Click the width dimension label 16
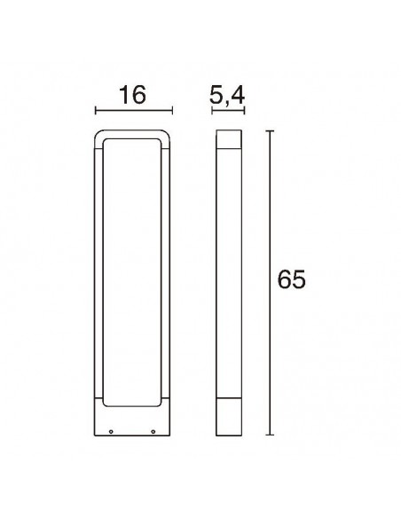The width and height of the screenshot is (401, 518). point(132,94)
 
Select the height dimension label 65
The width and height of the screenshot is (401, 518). point(291,279)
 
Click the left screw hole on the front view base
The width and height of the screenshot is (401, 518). point(112,433)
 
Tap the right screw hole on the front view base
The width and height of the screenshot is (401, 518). point(153,433)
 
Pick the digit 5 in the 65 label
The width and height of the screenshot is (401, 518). point(299,279)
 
